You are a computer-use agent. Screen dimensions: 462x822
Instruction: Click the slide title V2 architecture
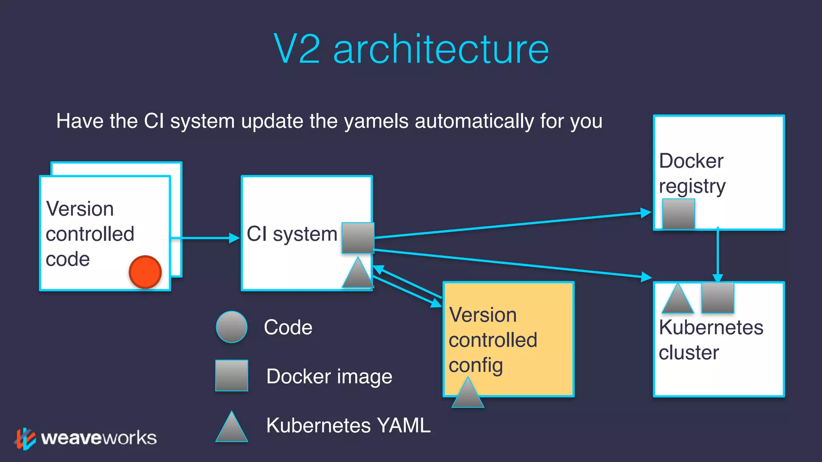[x=411, y=49]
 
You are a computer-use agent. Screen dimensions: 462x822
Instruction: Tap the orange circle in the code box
[x=145, y=272]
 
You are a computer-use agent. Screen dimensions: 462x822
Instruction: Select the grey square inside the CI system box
[x=358, y=238]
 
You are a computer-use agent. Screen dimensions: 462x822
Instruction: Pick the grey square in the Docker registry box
[x=678, y=214]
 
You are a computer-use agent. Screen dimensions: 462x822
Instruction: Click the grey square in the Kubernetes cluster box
[x=718, y=298]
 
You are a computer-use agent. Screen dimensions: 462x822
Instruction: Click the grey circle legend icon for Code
[x=232, y=327]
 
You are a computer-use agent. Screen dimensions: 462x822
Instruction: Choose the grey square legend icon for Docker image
[x=232, y=375]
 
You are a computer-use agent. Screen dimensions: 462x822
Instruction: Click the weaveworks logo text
[x=99, y=438]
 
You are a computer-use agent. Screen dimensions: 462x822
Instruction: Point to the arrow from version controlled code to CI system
[x=205, y=238]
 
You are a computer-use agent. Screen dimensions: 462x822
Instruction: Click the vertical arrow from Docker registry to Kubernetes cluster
[x=718, y=255]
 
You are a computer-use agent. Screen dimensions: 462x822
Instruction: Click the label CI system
[x=292, y=234]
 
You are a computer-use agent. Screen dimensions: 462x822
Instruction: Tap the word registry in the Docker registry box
[x=692, y=186]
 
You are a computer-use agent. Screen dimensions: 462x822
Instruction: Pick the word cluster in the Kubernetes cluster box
[x=689, y=353]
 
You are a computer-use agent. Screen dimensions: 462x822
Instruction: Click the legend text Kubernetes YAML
[x=348, y=425]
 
